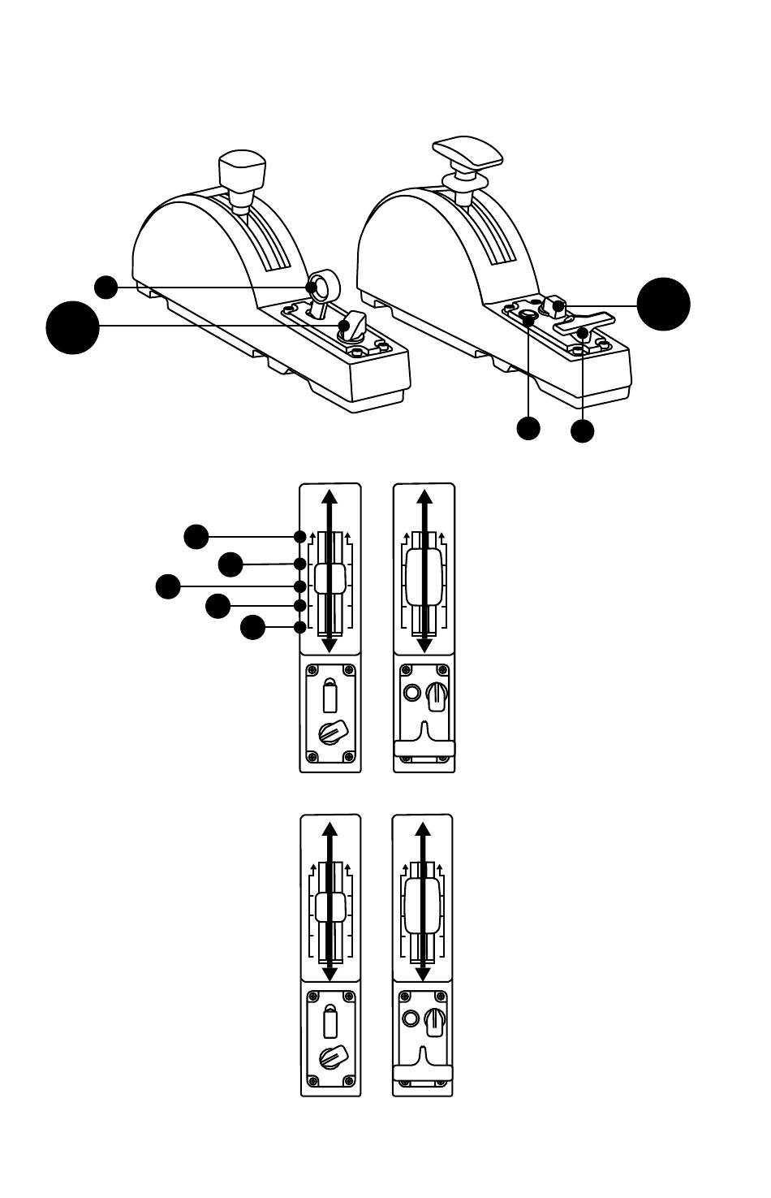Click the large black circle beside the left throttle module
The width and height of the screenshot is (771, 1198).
pos(72,327)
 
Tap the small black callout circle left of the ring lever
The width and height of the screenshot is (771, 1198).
pos(106,287)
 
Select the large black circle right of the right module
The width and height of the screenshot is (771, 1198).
pos(663,304)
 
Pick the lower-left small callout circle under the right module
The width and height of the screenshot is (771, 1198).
pos(528,428)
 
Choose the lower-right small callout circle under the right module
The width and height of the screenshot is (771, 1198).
pos(582,430)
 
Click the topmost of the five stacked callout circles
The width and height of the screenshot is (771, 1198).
pos(196,536)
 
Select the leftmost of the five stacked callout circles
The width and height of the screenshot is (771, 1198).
pos(168,586)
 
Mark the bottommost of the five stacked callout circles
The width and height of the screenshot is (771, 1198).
pos(252,627)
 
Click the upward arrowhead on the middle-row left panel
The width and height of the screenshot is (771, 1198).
pos(330,498)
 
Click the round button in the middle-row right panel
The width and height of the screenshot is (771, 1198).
pos(412,693)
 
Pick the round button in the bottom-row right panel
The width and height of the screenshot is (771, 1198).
pos(411,1018)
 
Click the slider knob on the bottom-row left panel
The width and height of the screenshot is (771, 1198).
pos(330,907)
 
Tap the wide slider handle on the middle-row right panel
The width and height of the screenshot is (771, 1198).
pos(424,576)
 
